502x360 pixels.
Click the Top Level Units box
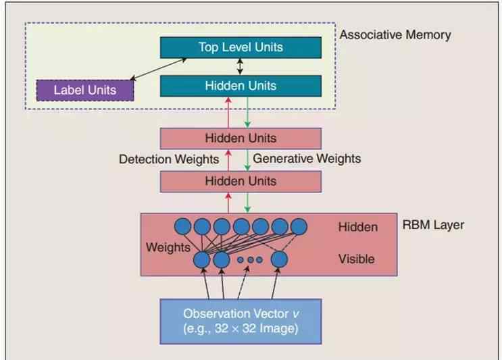click(241, 47)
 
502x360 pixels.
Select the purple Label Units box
click(84, 90)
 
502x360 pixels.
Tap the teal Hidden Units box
click(241, 86)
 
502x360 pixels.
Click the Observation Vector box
click(240, 321)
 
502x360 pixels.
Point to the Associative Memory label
click(395, 34)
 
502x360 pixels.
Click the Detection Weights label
click(169, 159)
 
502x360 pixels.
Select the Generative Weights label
click(307, 159)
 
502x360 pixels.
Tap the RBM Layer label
click(433, 224)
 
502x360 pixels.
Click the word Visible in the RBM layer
click(356, 259)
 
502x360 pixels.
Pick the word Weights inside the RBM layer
click(168, 247)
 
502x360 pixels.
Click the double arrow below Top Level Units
click(240, 66)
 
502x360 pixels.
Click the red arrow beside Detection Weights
click(228, 159)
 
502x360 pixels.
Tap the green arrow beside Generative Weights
click(248, 159)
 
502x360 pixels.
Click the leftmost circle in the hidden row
click(182, 227)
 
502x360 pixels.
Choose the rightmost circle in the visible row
click(279, 259)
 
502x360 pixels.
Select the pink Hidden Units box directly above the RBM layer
click(241, 181)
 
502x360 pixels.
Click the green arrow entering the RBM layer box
click(248, 203)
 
